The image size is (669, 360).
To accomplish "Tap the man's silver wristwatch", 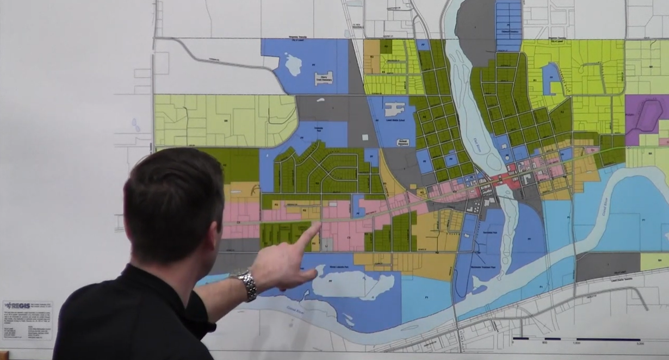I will [246, 284].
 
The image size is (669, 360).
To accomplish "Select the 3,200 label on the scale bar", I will [640, 343].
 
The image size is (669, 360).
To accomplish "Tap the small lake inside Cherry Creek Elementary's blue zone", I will [293, 65].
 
